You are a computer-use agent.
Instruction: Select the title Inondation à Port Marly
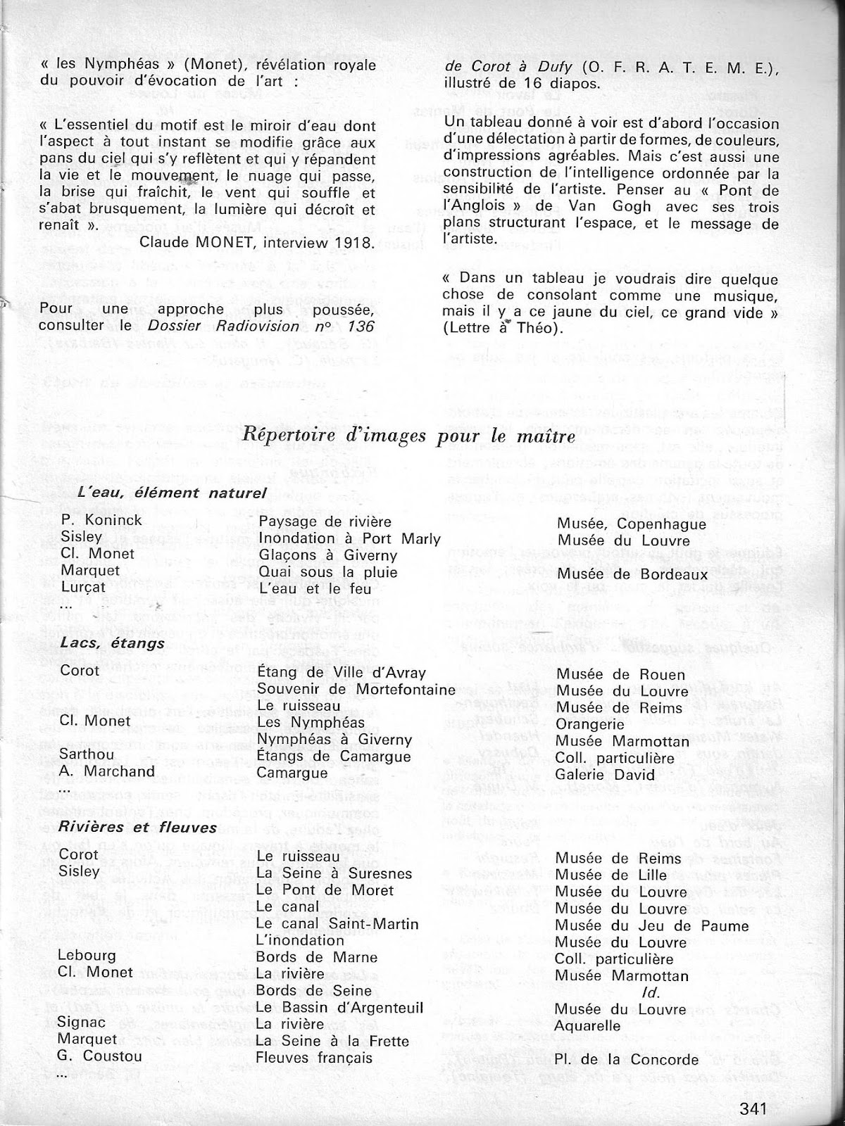pyautogui.click(x=349, y=539)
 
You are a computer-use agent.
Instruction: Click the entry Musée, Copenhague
pyautogui.click(x=631, y=524)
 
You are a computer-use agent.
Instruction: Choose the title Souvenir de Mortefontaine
pyautogui.click(x=356, y=689)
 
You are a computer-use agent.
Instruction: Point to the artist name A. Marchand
pyautogui.click(x=107, y=771)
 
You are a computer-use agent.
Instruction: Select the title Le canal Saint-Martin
pyautogui.click(x=337, y=924)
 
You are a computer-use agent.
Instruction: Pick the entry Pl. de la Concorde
pyautogui.click(x=627, y=1059)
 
